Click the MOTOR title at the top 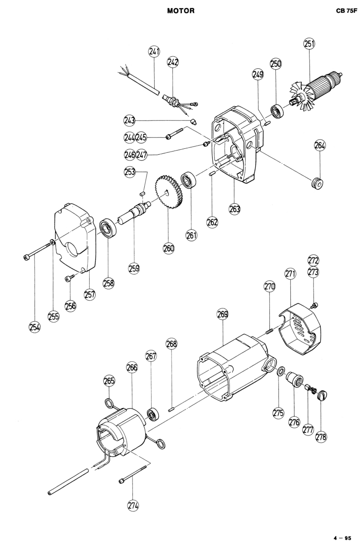[181, 11]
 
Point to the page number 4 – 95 [342, 537]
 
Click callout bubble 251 [309, 44]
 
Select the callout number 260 [169, 248]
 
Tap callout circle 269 [223, 314]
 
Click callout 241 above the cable [154, 52]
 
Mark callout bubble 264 [320, 146]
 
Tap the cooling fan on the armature [302, 96]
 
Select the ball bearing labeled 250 [277, 111]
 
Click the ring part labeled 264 [318, 183]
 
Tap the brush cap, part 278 [322, 395]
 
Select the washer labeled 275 [281, 371]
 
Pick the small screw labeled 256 [68, 278]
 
